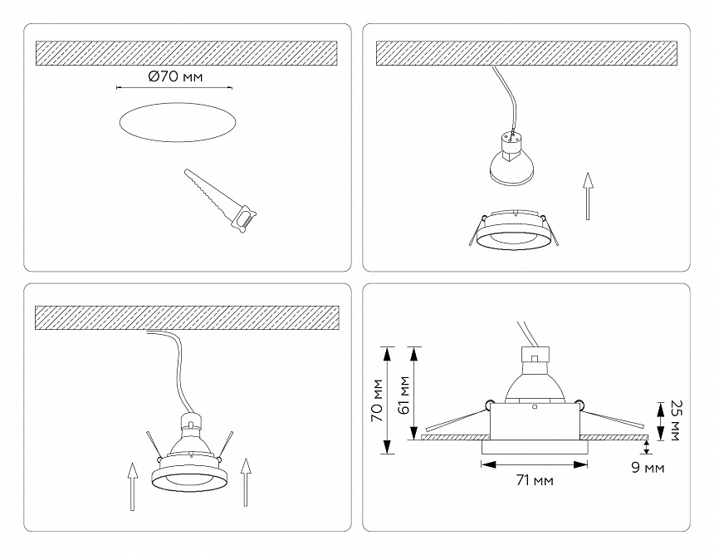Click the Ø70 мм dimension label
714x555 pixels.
(x=174, y=76)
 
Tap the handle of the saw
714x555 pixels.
(x=244, y=221)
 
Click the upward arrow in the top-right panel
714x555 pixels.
(x=588, y=196)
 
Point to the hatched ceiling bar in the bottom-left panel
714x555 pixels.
(x=187, y=316)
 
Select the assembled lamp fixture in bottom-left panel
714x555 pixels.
(x=189, y=457)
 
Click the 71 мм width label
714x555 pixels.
(x=535, y=481)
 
